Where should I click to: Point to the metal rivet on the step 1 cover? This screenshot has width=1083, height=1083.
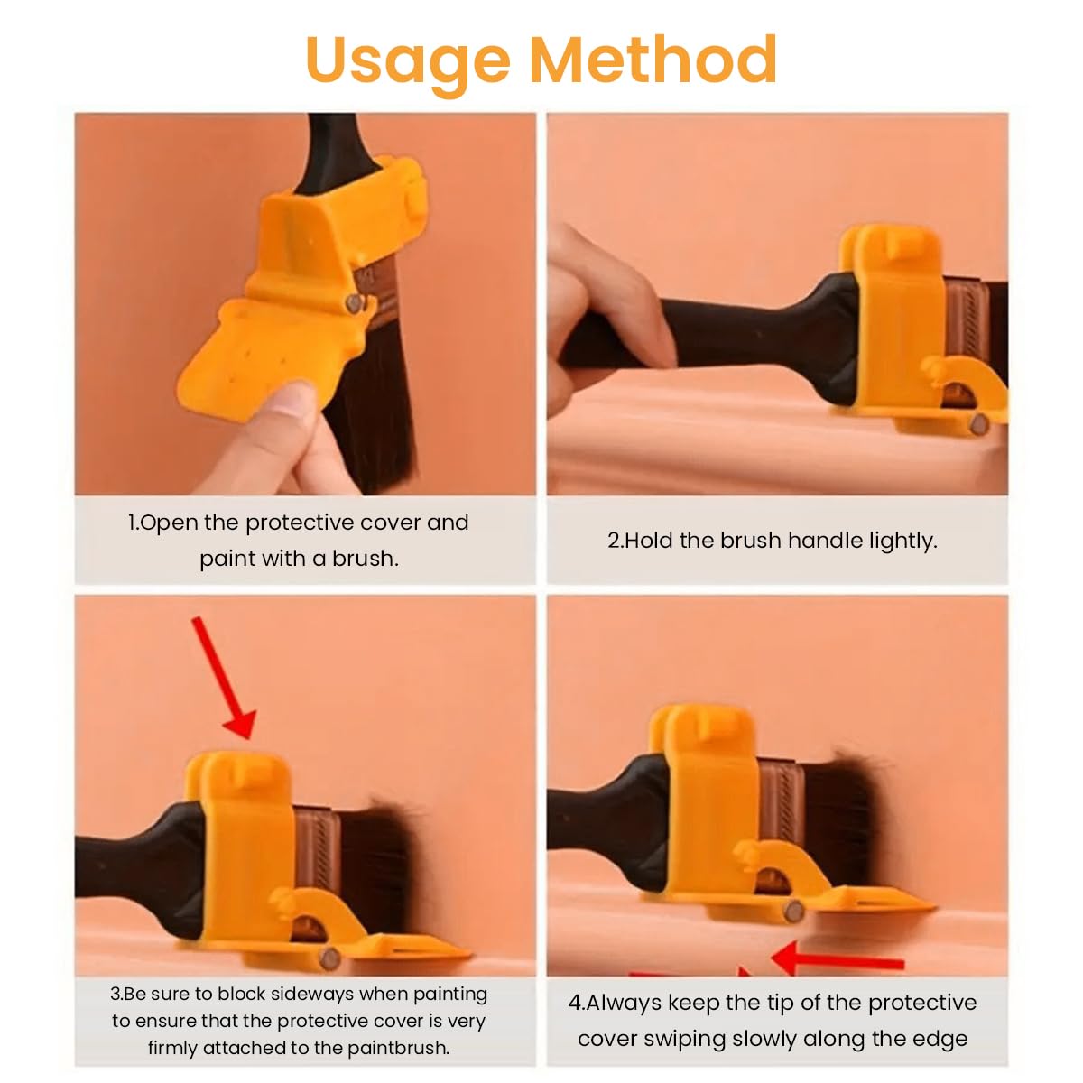point(355,303)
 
